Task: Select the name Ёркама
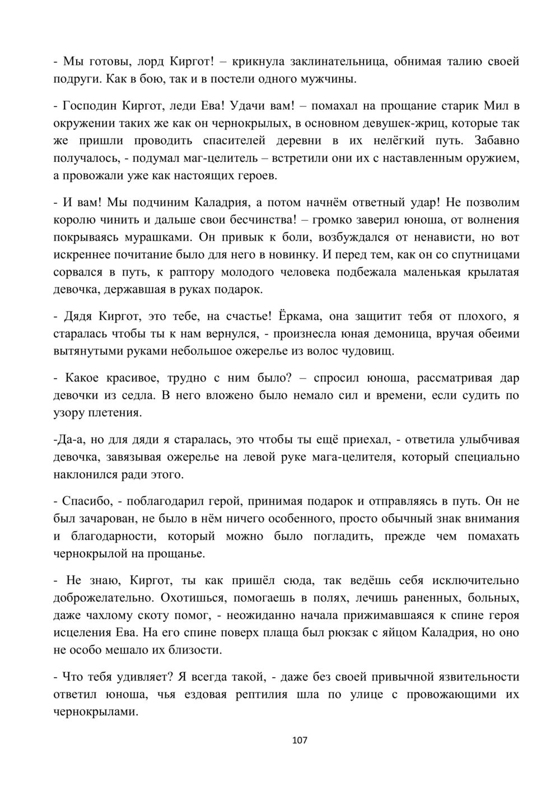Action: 300,316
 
